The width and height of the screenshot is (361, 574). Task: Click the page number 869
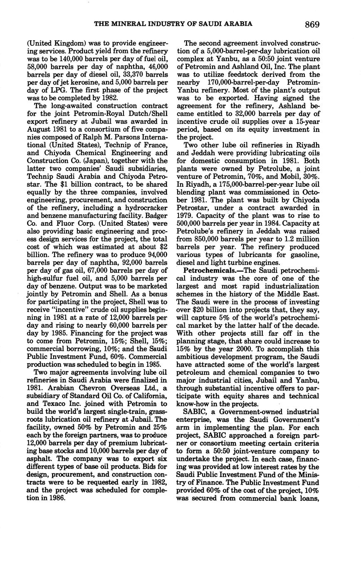pos(312,25)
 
